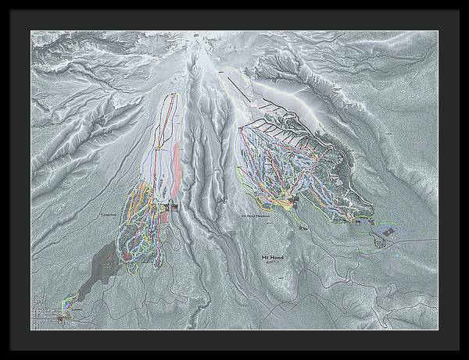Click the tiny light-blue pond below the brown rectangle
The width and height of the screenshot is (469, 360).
pos(397,255)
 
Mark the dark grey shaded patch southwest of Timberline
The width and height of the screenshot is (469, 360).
pos(106,269)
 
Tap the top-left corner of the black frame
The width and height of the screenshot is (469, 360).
pos(2,2)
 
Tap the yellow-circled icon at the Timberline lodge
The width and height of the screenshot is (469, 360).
pos(165,207)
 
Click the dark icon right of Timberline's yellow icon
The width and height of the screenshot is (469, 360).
pos(174,207)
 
